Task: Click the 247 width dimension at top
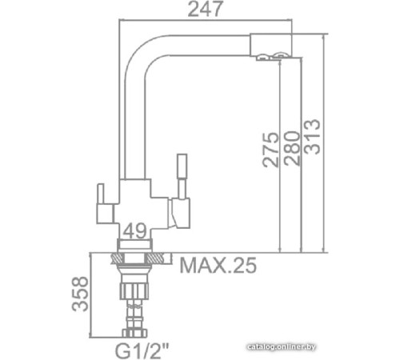[x=204, y=10]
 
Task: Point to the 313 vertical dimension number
[x=312, y=138]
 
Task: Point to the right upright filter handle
[x=181, y=176]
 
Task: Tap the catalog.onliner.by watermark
[x=354, y=346]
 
